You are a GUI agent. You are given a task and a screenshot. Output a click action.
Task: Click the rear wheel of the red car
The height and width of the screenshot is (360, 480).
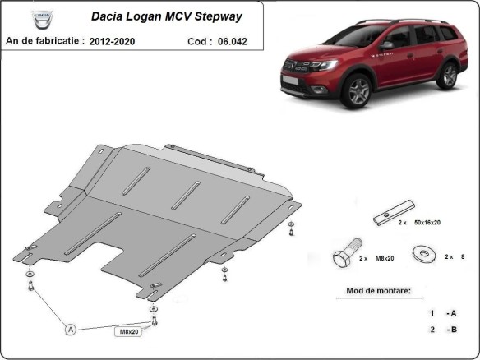point(447,76)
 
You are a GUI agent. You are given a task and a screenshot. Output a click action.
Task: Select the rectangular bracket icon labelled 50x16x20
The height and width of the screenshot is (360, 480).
point(390,217)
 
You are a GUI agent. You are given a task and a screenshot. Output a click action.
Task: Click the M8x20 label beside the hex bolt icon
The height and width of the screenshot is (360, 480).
point(383,258)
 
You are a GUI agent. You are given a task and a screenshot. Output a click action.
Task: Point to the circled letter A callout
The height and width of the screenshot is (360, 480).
point(72,329)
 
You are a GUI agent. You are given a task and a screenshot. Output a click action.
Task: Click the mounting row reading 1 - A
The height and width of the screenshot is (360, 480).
point(442,313)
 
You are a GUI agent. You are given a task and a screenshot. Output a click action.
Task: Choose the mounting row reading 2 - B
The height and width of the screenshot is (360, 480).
point(442,329)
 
